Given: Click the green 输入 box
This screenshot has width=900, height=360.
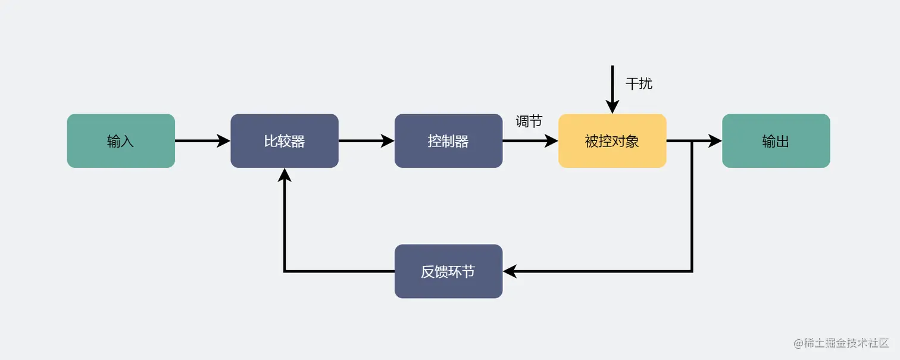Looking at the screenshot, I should point(121,141).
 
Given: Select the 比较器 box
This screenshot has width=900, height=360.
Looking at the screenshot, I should point(285,141).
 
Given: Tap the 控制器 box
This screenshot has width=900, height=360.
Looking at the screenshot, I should point(448,141).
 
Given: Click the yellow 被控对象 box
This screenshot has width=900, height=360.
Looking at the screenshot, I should point(612,141).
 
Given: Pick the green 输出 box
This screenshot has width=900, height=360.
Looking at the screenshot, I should point(776,141).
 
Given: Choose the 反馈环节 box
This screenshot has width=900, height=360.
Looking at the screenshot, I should point(448,271).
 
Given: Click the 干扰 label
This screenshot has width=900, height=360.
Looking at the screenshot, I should point(639,84).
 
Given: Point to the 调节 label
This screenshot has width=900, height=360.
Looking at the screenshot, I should point(529,122).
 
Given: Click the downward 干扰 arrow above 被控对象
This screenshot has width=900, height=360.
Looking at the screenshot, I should point(612,89).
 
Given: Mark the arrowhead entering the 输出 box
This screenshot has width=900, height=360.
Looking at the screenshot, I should point(715,141).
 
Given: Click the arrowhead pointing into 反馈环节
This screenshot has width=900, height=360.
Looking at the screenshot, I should point(510,271).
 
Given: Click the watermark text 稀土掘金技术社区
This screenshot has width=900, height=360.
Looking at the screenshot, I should point(846,343).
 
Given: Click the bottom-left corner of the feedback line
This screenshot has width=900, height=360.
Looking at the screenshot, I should point(285,271).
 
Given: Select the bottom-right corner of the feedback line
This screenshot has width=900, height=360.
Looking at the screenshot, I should point(692,271).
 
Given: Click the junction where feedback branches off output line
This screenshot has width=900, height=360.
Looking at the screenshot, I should point(692,141).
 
